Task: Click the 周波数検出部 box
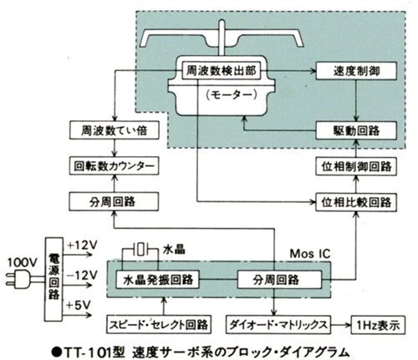pyautogui.click(x=222, y=71)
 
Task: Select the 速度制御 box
pyautogui.click(x=356, y=71)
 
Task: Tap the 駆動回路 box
pyautogui.click(x=356, y=130)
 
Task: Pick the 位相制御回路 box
pyautogui.click(x=356, y=166)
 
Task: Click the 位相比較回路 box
pyautogui.click(x=356, y=202)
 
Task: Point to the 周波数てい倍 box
pyautogui.click(x=115, y=130)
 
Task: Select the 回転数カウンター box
pyautogui.click(x=115, y=166)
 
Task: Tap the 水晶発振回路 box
pyautogui.click(x=157, y=280)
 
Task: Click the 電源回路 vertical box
pyautogui.click(x=54, y=279)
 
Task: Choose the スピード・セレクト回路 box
pyautogui.click(x=159, y=324)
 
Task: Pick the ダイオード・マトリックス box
pyautogui.click(x=278, y=324)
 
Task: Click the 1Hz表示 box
pyautogui.click(x=378, y=325)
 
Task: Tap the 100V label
pyautogui.click(x=22, y=262)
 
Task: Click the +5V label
pyautogui.click(x=79, y=305)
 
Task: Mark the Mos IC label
pyautogui.click(x=310, y=254)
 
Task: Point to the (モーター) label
pyautogui.click(x=231, y=95)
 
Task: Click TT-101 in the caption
pyautogui.click(x=88, y=352)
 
